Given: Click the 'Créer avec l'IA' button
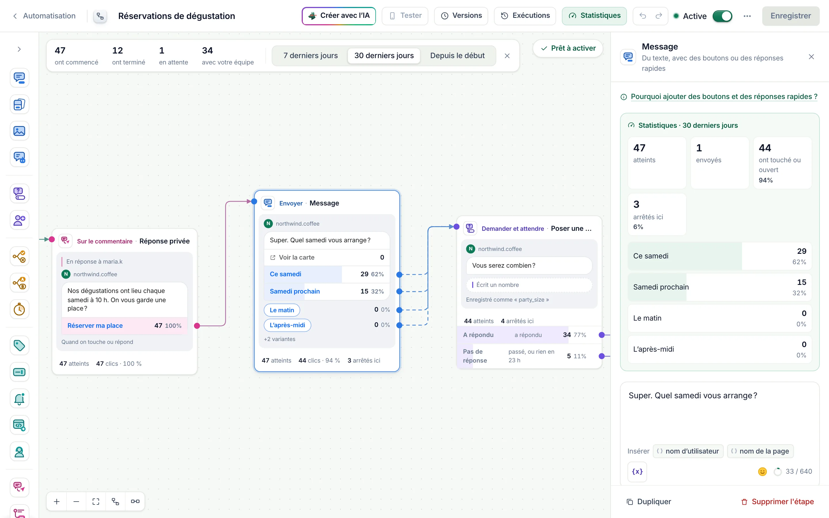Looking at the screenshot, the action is (339, 16).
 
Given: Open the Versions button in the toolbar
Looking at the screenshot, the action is (461, 16).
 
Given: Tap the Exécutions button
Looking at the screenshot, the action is (525, 16).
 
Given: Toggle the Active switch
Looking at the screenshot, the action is (722, 16).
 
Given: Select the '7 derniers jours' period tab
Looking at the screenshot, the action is (310, 56).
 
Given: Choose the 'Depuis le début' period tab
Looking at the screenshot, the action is (457, 56).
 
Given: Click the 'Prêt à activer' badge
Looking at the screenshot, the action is (568, 48).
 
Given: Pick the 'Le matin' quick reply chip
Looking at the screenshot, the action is (282, 310).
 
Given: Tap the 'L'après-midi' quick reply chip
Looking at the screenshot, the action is (287, 325).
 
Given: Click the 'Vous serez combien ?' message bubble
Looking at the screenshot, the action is (529, 266).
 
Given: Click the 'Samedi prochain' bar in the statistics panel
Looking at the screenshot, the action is (719, 287).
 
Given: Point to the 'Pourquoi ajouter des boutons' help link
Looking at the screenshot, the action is (724, 97).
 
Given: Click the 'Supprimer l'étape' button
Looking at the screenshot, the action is (777, 502).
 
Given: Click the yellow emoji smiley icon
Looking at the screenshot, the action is (762, 472).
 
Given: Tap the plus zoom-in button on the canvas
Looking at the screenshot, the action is (57, 502).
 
